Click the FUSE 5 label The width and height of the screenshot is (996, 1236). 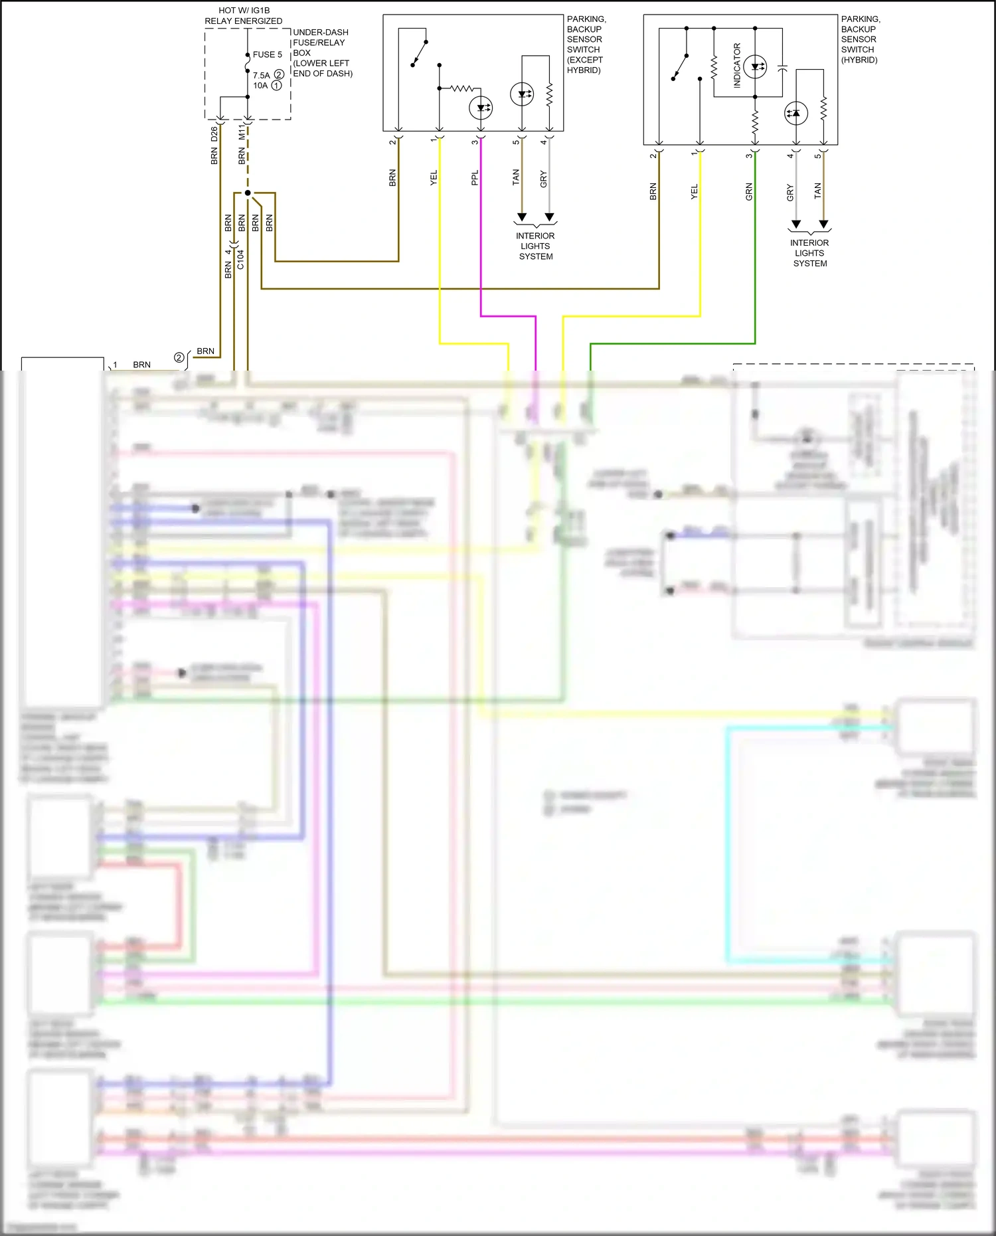(267, 54)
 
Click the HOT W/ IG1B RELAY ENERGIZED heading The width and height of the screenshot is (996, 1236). (243, 16)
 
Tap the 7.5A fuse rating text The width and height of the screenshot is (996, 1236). (261, 75)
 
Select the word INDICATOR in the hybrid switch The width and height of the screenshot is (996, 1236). (737, 66)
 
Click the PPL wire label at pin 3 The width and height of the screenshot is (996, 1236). (475, 177)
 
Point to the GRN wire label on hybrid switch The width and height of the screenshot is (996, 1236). (749, 192)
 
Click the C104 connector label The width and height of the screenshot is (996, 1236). (240, 260)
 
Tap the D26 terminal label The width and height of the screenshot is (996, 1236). (214, 134)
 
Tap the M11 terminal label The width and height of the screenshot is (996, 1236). (242, 133)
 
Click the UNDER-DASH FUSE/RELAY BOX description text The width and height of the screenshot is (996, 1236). (322, 52)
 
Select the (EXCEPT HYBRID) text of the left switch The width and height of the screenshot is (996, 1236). (584, 64)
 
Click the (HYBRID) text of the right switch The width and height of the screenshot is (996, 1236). (859, 60)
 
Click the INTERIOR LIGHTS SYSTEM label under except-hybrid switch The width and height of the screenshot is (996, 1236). (535, 246)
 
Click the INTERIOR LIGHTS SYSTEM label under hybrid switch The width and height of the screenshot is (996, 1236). (809, 253)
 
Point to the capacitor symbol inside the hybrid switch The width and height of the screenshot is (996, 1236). (782, 68)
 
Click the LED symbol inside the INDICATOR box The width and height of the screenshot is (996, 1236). (755, 66)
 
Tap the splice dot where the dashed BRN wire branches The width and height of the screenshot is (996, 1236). (248, 193)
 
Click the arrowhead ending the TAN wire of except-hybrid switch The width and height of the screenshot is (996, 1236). (522, 217)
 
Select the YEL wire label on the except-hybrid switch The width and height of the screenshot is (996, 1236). (434, 177)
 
